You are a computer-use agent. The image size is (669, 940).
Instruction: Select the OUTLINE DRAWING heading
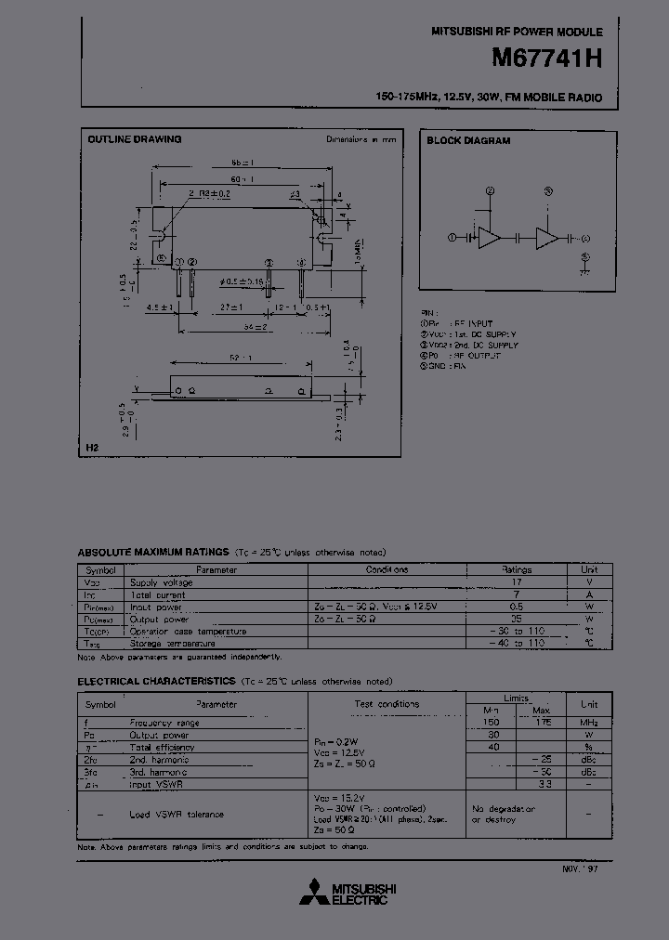point(135,139)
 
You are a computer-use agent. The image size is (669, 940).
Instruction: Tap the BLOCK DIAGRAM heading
point(468,141)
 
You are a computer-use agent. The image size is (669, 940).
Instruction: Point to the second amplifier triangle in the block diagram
point(548,238)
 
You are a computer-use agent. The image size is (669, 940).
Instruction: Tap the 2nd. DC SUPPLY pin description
point(482,345)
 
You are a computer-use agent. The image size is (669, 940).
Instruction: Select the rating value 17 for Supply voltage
point(517,582)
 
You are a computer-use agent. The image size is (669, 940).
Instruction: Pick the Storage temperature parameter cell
point(172,643)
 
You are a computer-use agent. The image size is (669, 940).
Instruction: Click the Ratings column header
point(517,569)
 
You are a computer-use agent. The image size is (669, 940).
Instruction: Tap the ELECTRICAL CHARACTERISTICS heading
point(156,681)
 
